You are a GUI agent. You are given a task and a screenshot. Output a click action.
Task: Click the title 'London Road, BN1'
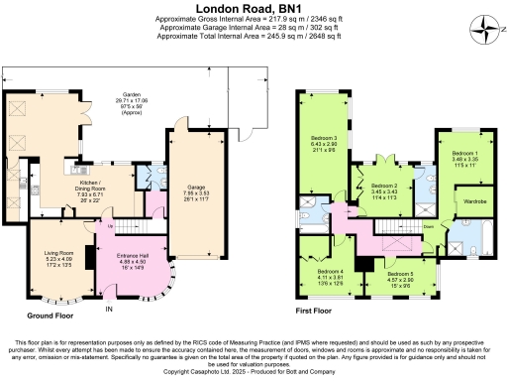point(253,9)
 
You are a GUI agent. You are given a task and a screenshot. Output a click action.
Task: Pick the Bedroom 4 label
point(331,275)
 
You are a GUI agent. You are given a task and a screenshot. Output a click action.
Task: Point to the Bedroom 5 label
point(400,278)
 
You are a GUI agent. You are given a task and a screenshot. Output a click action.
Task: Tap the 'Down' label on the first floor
point(428,225)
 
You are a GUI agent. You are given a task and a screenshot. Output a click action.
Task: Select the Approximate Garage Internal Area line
point(253,30)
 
